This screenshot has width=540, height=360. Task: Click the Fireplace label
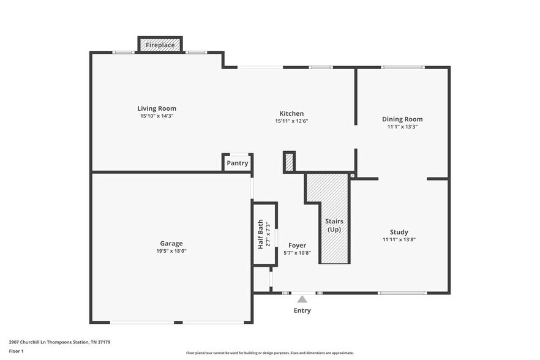coord(160,45)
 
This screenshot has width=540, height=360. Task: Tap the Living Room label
coord(157,108)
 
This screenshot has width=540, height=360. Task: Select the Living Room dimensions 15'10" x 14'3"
coord(157,116)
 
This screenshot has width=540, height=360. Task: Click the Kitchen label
coord(291,113)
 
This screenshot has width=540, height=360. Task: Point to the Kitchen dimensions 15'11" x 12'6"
coord(291,121)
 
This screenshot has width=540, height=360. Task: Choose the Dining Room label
coord(402,119)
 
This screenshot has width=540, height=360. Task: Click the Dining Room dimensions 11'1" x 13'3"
coord(402,127)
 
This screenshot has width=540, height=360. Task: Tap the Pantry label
coord(238,163)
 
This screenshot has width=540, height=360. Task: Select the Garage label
coord(171,243)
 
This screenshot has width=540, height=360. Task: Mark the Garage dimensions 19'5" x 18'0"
coord(171,251)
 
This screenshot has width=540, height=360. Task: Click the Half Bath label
coord(260,234)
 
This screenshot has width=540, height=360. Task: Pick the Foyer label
coord(298,246)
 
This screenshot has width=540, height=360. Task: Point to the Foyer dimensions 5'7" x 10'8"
coord(298,253)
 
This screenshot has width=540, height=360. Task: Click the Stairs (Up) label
coord(334,225)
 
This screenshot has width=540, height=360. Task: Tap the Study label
coord(399,232)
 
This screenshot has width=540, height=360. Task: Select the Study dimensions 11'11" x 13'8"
coord(399,239)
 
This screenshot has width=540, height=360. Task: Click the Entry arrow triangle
coord(302,299)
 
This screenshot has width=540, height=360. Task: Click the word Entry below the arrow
coord(302,310)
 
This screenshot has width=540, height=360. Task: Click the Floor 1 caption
coord(16,351)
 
